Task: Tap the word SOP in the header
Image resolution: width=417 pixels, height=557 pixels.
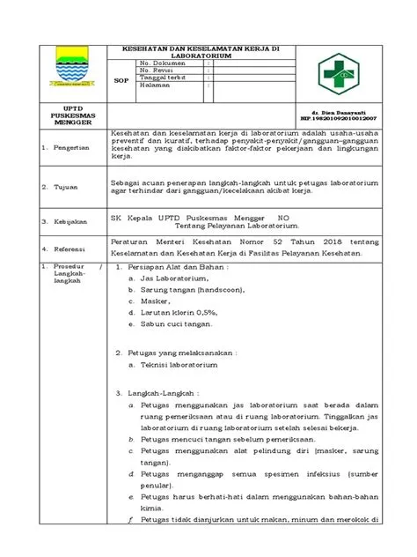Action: click(121, 79)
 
